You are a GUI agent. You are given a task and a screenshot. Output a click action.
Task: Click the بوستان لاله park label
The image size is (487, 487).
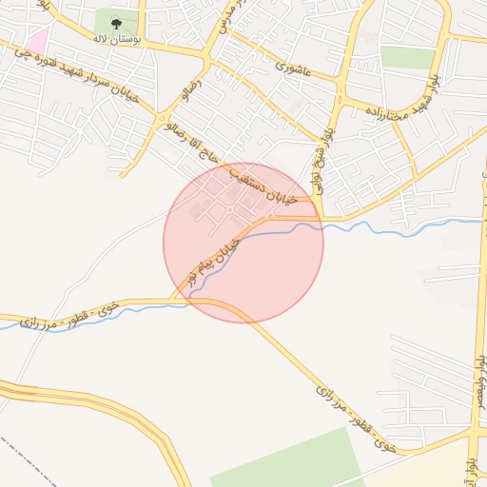116,40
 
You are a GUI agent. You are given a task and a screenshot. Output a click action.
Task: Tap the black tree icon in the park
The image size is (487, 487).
116,23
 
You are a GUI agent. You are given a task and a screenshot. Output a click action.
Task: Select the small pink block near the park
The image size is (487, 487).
37,41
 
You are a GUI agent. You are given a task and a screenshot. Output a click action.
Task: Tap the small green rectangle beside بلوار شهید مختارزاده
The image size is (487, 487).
407,57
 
